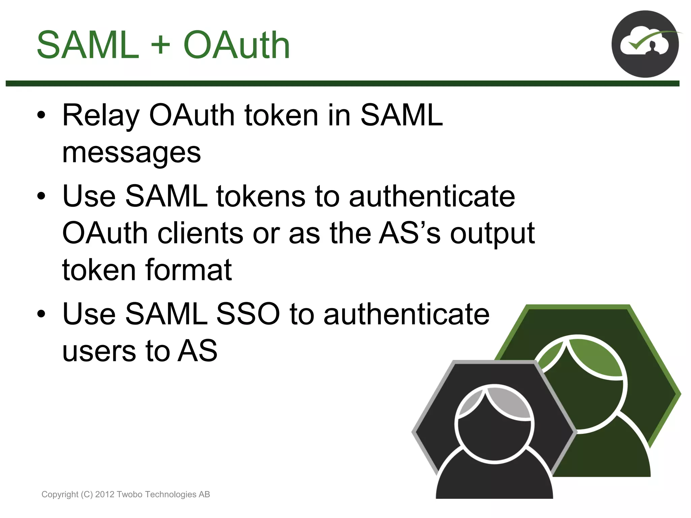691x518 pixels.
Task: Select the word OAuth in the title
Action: (x=236, y=45)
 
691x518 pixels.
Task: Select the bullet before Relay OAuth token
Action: (x=41, y=116)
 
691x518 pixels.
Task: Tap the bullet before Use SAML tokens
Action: (x=41, y=197)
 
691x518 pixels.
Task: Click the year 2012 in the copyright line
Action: (x=105, y=494)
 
